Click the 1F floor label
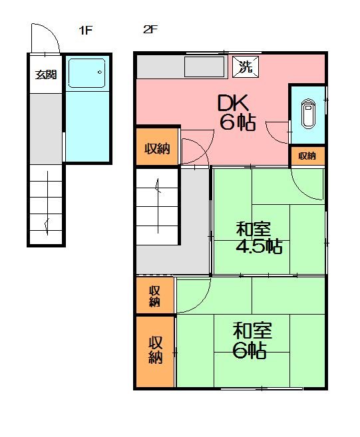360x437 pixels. click(x=85, y=30)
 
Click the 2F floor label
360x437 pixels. click(x=149, y=30)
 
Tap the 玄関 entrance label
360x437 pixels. click(x=45, y=74)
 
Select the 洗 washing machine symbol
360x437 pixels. click(x=245, y=66)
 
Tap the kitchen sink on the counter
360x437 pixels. click(x=204, y=67)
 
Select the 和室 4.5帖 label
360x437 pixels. click(x=258, y=238)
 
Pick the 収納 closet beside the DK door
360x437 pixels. click(x=157, y=148)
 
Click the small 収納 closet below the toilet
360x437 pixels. click(x=307, y=156)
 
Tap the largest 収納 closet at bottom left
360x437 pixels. click(x=155, y=351)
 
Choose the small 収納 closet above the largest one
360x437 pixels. click(x=154, y=296)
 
